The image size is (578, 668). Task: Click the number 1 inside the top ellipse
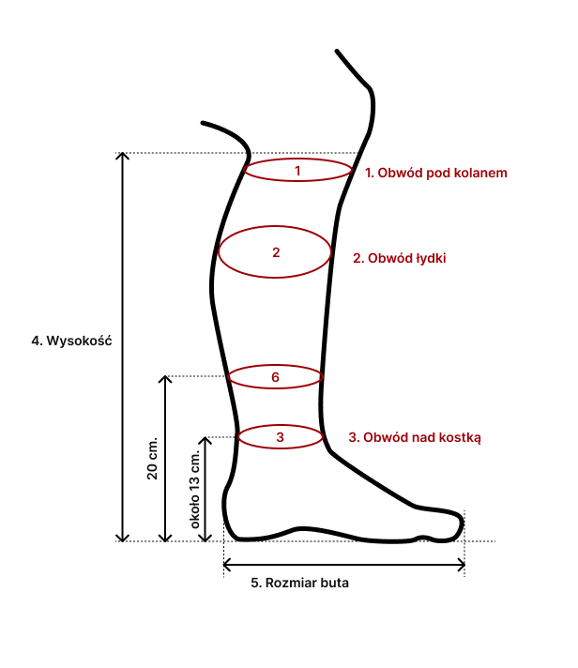pos(297,171)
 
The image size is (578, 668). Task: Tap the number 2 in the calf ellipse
pos(276,252)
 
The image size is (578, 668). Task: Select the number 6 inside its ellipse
pos(275,377)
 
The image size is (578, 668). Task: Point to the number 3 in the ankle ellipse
pos(280,436)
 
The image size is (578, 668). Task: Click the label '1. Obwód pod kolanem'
pos(436,173)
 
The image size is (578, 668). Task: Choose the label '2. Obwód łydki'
pos(399,257)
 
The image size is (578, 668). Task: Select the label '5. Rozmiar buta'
pos(300,583)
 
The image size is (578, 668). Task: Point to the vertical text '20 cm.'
pos(153,459)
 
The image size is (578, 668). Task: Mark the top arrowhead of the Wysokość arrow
pos(122,157)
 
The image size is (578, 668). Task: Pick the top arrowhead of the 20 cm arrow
pos(166,380)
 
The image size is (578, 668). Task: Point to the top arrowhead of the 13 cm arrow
pos(209,440)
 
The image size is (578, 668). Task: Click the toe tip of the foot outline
pos(462,527)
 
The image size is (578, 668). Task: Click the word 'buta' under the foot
pos(333,583)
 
